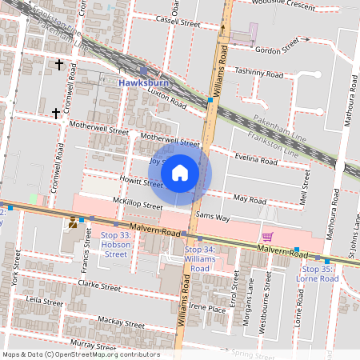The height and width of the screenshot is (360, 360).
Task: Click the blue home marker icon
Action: tap(180, 172)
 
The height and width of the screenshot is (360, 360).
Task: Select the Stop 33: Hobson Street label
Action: tap(115, 245)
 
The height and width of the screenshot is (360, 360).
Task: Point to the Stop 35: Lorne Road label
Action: tap(318, 274)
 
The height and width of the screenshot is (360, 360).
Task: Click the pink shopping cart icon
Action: tap(267, 237)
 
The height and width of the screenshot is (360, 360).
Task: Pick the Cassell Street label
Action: tap(178, 22)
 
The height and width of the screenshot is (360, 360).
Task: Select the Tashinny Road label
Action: tap(261, 74)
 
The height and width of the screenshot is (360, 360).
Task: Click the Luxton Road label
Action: tap(167, 100)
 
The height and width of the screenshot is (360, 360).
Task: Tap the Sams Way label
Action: tap(213, 218)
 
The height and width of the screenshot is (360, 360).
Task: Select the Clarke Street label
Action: tap(99, 286)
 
